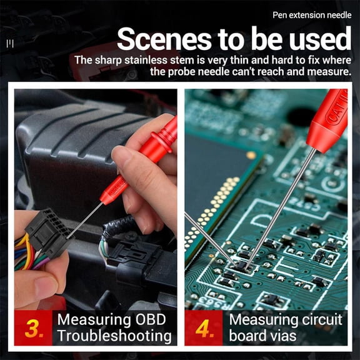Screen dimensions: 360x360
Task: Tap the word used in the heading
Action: (x=316, y=40)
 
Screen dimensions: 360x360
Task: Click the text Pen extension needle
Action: (x=312, y=15)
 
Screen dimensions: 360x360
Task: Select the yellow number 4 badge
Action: (x=204, y=327)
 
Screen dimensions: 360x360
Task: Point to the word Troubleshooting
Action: (x=114, y=336)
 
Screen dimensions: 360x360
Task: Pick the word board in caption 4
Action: (x=247, y=336)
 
